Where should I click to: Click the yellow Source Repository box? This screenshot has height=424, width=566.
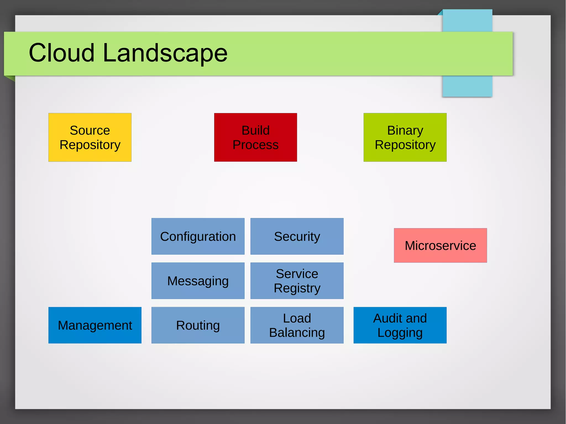(x=90, y=137)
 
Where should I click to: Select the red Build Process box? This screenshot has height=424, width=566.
(x=255, y=137)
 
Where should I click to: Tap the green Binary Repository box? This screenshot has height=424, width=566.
(x=405, y=137)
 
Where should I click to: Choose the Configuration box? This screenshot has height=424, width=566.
(x=198, y=236)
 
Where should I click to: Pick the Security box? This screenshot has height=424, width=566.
(x=297, y=236)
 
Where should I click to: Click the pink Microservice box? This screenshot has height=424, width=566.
(x=440, y=245)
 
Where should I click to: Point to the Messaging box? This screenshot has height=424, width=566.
(x=198, y=281)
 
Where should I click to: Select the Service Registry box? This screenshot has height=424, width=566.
(x=297, y=281)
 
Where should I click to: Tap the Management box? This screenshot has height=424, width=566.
(x=95, y=325)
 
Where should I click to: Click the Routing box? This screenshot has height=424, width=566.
(x=198, y=325)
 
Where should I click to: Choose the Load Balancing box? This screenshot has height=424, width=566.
(x=297, y=325)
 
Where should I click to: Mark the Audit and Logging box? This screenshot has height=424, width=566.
(x=400, y=325)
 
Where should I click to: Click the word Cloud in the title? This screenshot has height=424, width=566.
(x=62, y=52)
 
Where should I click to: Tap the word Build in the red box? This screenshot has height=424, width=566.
(x=255, y=130)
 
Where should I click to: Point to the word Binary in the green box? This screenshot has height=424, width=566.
(x=405, y=130)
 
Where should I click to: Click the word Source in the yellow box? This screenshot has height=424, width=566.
(x=90, y=130)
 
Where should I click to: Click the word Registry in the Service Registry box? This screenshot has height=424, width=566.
(x=297, y=288)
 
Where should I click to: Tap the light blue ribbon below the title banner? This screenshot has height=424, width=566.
(x=467, y=86)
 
